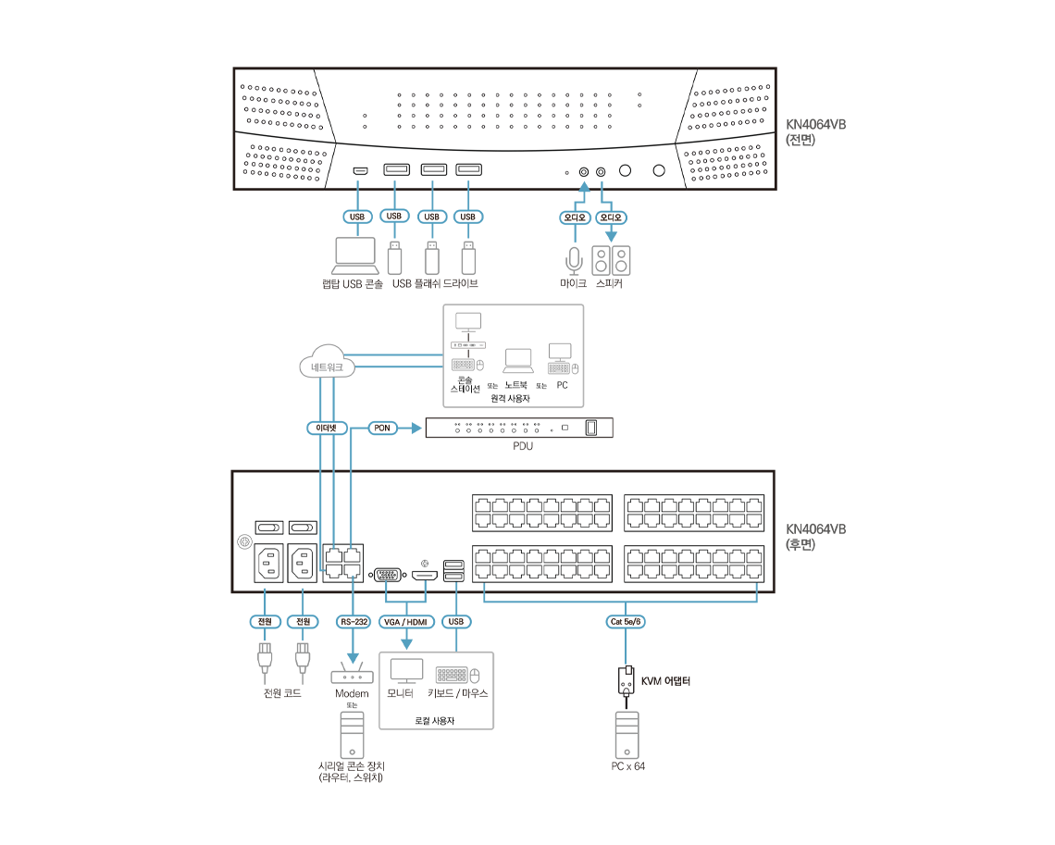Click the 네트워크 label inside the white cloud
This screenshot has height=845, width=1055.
(x=328, y=368)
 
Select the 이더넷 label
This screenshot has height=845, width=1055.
(x=327, y=429)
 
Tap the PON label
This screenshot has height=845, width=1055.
(x=382, y=429)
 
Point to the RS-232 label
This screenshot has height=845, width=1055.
(x=354, y=622)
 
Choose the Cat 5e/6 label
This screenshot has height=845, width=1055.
(x=626, y=622)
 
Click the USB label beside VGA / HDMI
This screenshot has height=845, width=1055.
(x=455, y=622)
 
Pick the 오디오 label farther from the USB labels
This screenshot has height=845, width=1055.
(x=610, y=217)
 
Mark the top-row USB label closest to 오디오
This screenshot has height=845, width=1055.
(x=468, y=217)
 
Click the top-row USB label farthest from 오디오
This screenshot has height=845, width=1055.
(x=357, y=217)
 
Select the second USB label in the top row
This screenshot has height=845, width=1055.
(x=394, y=216)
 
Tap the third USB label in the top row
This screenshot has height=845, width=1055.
(x=430, y=217)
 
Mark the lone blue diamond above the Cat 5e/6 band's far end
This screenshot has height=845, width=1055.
(x=757, y=588)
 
